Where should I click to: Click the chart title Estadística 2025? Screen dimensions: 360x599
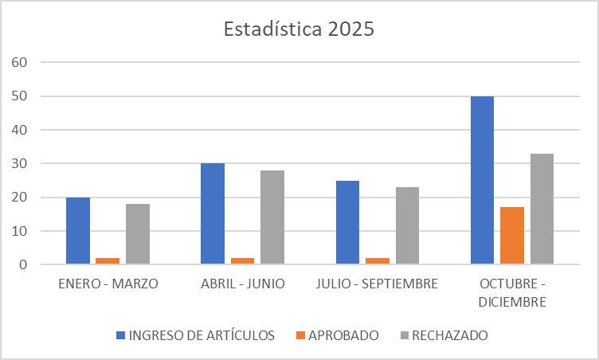299,29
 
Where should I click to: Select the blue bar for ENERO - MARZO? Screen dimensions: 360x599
78,230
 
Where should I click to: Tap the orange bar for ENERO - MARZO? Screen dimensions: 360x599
108,260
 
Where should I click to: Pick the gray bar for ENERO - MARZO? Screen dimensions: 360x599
137,233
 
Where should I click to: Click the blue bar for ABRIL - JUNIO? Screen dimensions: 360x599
213,213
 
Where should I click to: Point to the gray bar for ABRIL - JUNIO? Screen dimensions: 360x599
272,217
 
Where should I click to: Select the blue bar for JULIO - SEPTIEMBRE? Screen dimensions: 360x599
347,222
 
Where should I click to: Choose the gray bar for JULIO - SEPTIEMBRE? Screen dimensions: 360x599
407,225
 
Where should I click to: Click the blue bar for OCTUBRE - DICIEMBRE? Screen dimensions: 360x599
482,180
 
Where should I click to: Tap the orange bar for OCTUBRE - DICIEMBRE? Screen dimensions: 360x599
512,236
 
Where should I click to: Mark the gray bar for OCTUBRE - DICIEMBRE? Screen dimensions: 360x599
542,209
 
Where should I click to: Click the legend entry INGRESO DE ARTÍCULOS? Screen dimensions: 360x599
195,335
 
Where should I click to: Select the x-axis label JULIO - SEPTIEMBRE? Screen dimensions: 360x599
377,284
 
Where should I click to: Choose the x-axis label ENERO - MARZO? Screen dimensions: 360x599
108,284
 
